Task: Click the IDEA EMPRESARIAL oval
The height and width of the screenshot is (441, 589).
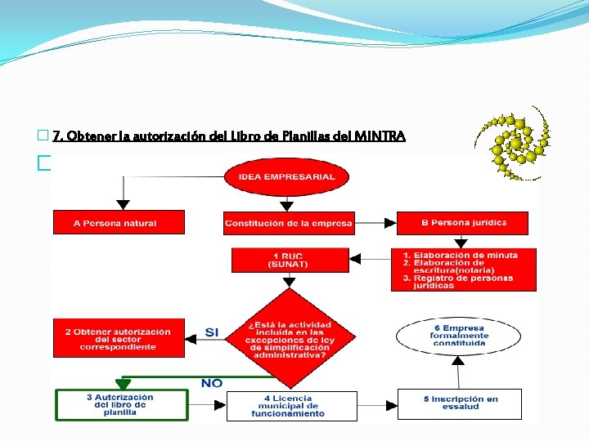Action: pyautogui.click(x=286, y=177)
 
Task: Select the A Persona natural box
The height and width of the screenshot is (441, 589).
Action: pyautogui.click(x=119, y=222)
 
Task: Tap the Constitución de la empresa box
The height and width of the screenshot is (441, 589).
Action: pyautogui.click(x=289, y=223)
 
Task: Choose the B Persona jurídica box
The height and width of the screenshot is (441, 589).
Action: pyautogui.click(x=462, y=222)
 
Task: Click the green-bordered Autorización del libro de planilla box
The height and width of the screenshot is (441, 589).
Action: pyautogui.click(x=121, y=405)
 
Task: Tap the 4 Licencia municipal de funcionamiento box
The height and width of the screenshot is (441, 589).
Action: pyautogui.click(x=292, y=405)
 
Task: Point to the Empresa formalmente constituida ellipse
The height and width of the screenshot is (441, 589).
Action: pyautogui.click(x=460, y=335)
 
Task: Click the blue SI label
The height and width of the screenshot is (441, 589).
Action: pyautogui.click(x=212, y=332)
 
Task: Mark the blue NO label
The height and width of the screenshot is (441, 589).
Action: pyautogui.click(x=212, y=383)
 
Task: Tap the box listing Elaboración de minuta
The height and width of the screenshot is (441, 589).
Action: pyautogui.click(x=464, y=269)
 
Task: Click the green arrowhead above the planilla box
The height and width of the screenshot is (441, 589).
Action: pyautogui.click(x=123, y=384)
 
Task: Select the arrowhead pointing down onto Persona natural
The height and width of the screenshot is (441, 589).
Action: pyautogui.click(x=123, y=203)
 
